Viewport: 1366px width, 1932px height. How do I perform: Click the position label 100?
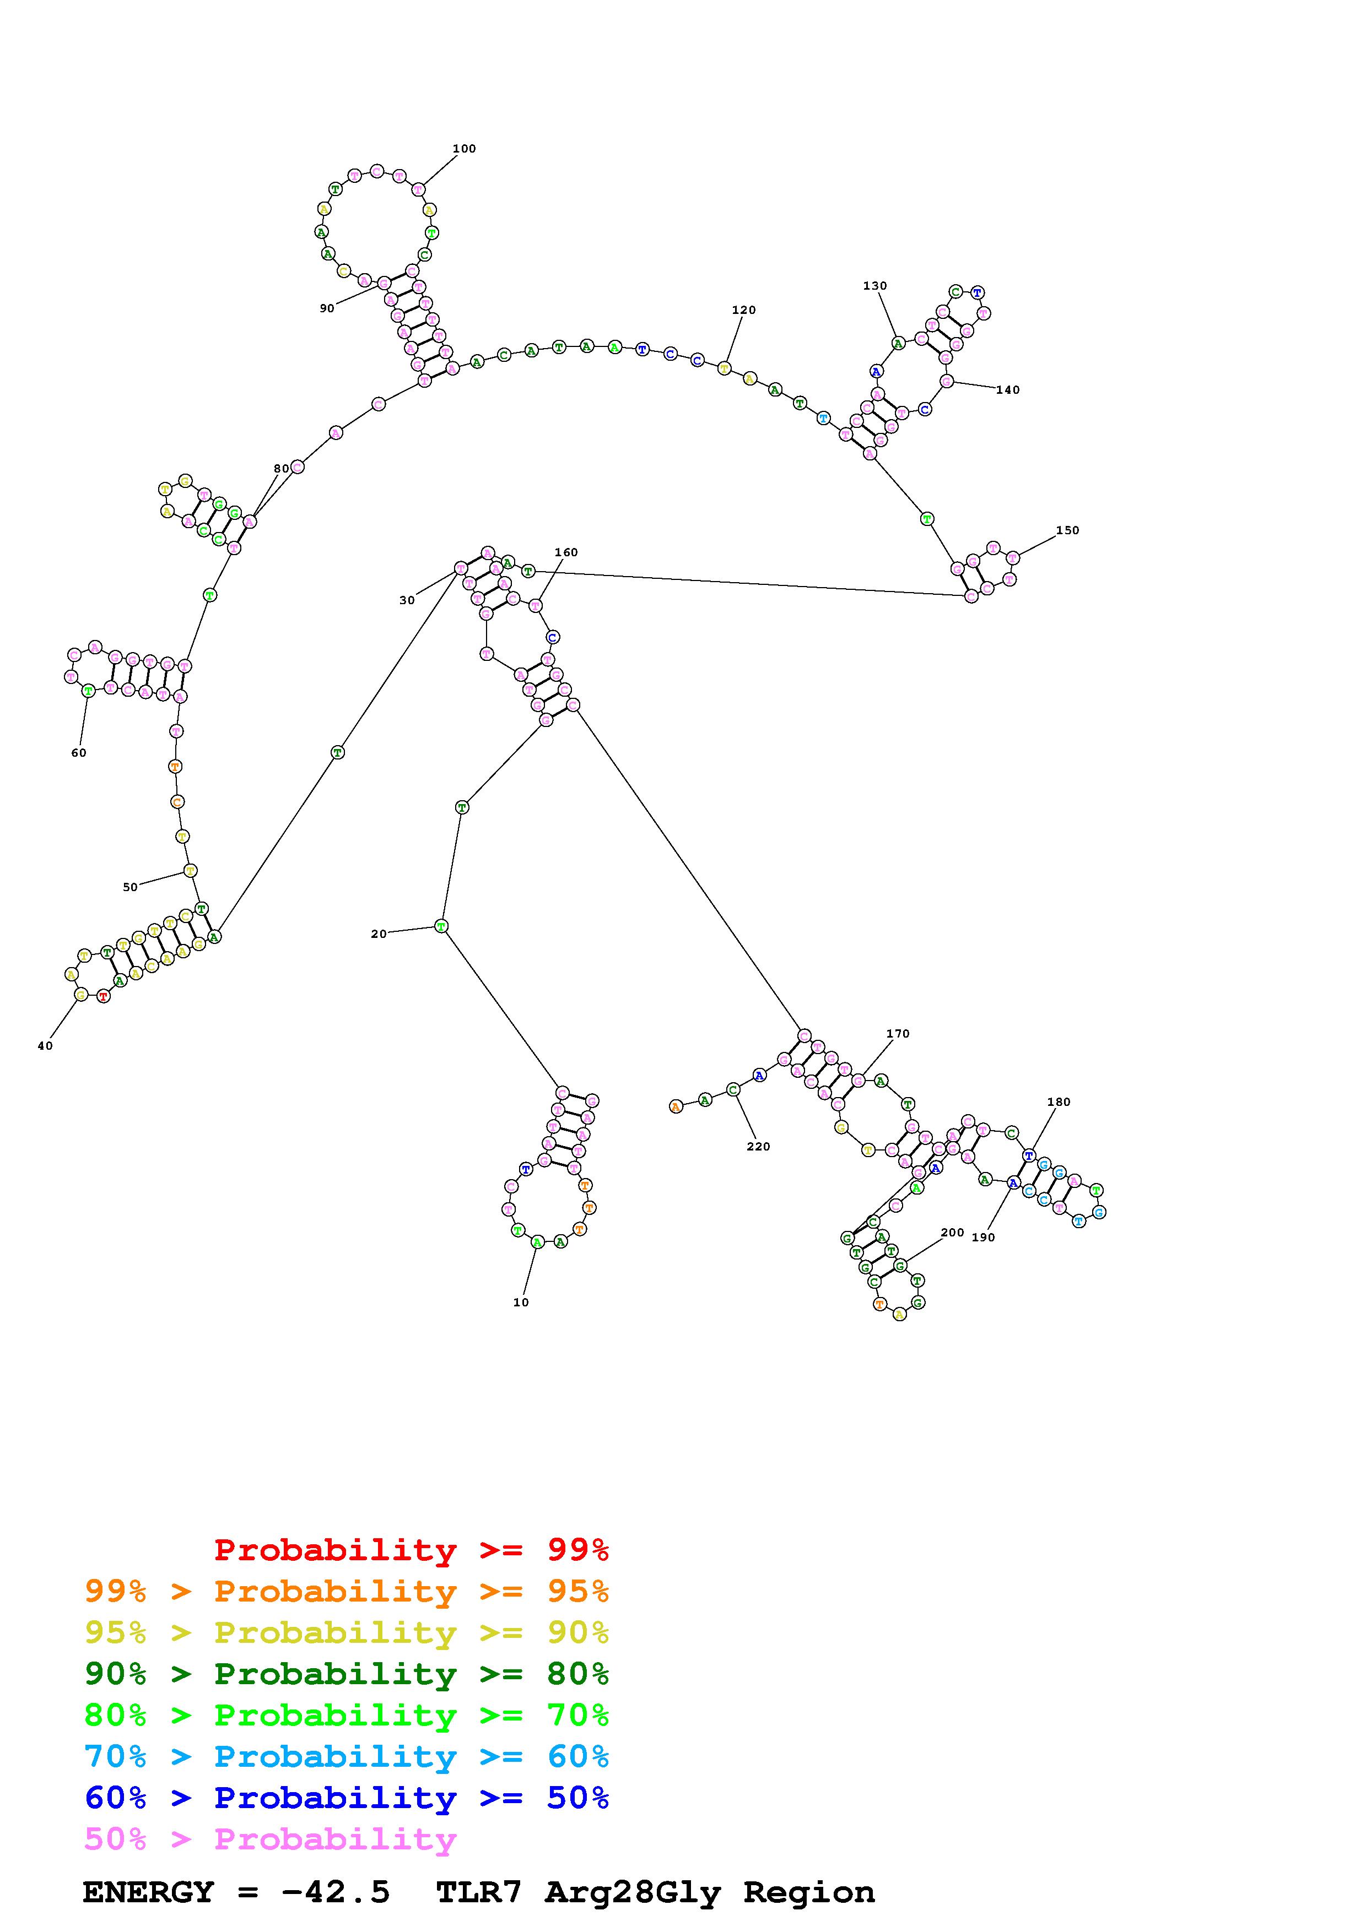click(x=464, y=149)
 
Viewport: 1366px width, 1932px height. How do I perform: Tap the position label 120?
click(x=743, y=310)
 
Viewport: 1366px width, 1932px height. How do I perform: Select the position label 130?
click(x=874, y=286)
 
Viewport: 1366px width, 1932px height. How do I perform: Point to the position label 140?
click(x=1007, y=389)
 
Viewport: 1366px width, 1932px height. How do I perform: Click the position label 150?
click(x=1066, y=530)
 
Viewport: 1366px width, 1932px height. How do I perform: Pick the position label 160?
click(x=565, y=552)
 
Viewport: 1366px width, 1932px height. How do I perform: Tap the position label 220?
click(x=758, y=1146)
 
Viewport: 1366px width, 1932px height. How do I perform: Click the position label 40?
click(x=45, y=1046)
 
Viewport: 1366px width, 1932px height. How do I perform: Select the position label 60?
click(x=78, y=753)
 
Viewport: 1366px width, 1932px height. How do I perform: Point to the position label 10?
click(x=521, y=1303)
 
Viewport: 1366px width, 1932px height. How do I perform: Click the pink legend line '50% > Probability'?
click(x=270, y=1839)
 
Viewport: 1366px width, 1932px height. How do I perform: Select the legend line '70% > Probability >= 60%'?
click(x=346, y=1757)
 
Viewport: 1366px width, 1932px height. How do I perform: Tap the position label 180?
click(x=1058, y=1103)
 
